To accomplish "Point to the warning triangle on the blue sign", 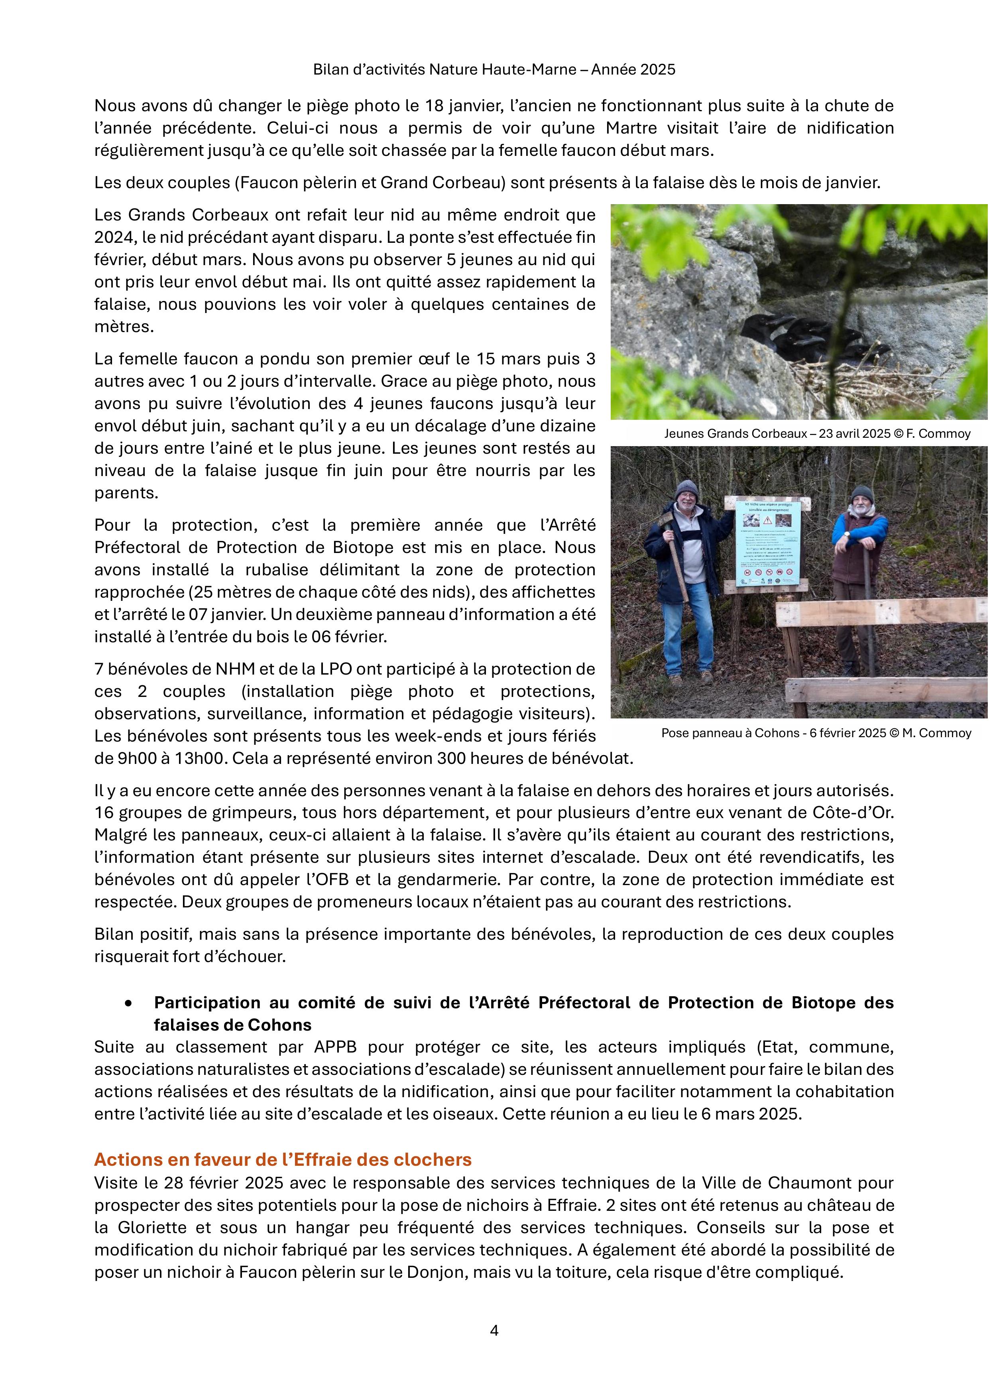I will tap(768, 520).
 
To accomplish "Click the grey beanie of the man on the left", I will tap(687, 488).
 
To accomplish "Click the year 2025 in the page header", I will tap(658, 69).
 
